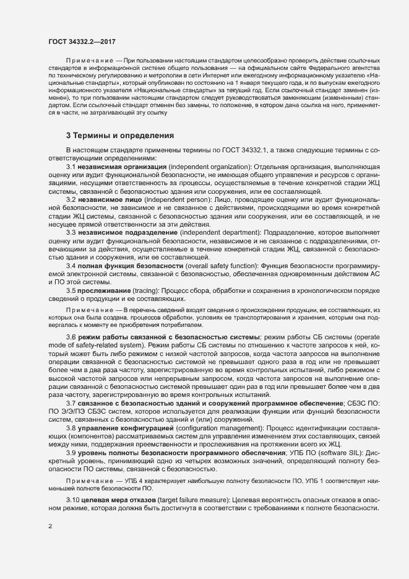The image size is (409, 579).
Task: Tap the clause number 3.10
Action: click(73, 499)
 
